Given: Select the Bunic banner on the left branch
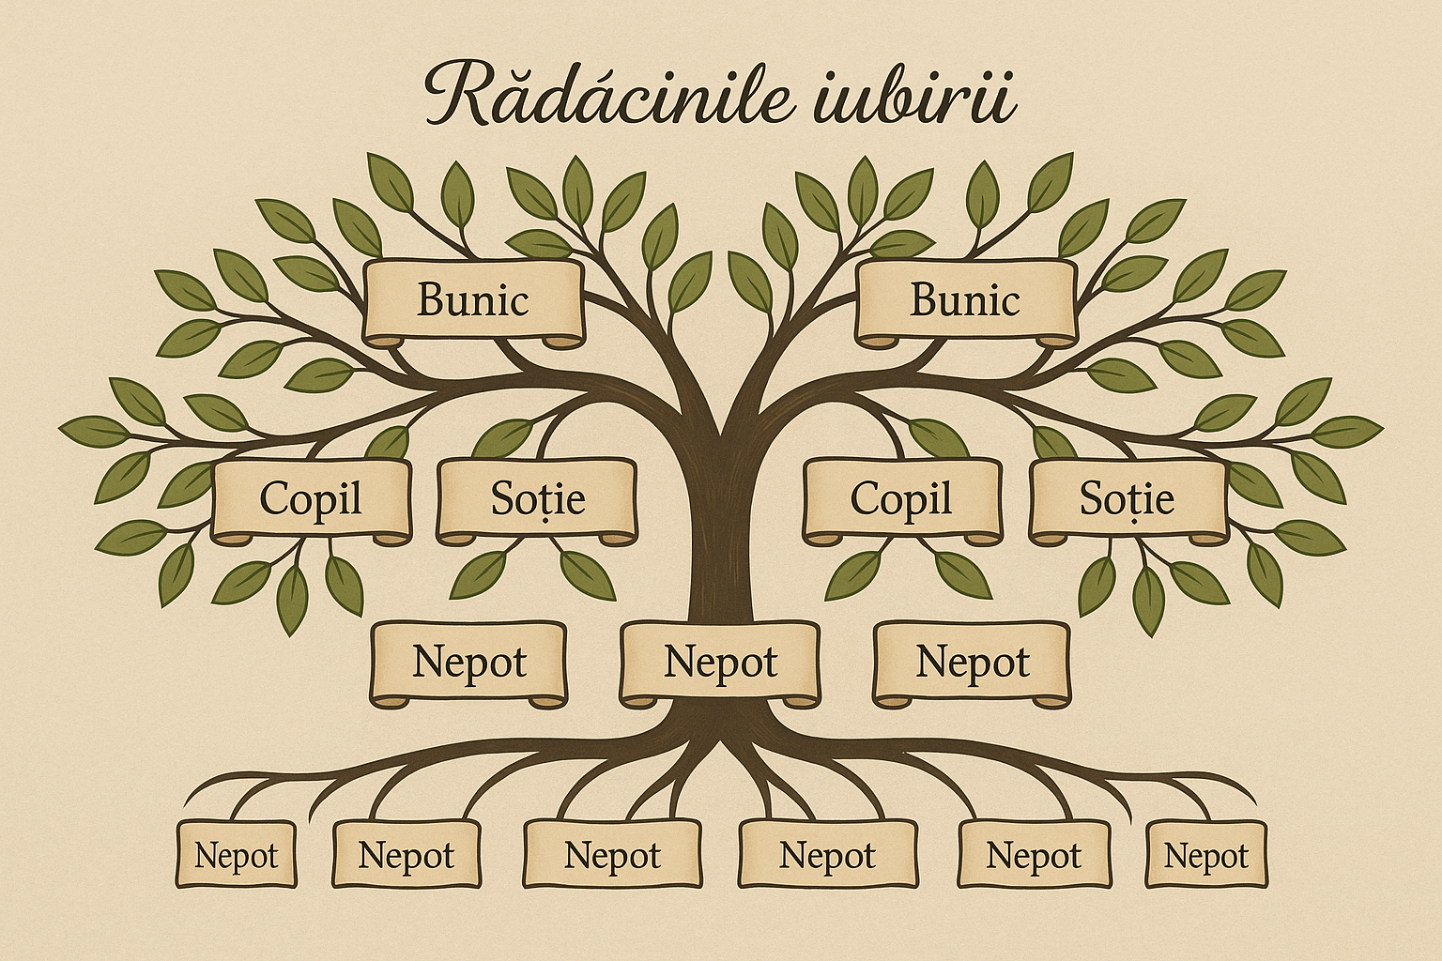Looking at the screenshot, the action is pos(474,302).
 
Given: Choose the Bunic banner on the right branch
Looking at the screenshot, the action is pos(965,302).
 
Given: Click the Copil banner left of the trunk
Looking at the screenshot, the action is pos(311,500).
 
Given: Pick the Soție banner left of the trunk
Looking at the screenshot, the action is pos(537,500).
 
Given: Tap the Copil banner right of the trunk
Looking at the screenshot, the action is pos(901,500).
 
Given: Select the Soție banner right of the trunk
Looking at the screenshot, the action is pos(1128,500).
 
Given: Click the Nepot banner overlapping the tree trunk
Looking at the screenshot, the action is pos(720,663).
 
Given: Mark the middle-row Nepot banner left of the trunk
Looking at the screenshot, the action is pos(468,663).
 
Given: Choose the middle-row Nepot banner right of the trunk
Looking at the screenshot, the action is pos(972,663).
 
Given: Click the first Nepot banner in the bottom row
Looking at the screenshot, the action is pos(237,854).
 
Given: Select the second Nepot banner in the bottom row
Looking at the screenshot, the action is pos(407,854).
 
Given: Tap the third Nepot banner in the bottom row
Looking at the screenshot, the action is pos(612,854).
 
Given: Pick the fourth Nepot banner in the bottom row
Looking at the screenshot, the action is pos(827,854).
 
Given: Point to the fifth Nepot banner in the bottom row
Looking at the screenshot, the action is pos(1034,854).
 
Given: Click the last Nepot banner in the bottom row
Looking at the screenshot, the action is pos(1205,854).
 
